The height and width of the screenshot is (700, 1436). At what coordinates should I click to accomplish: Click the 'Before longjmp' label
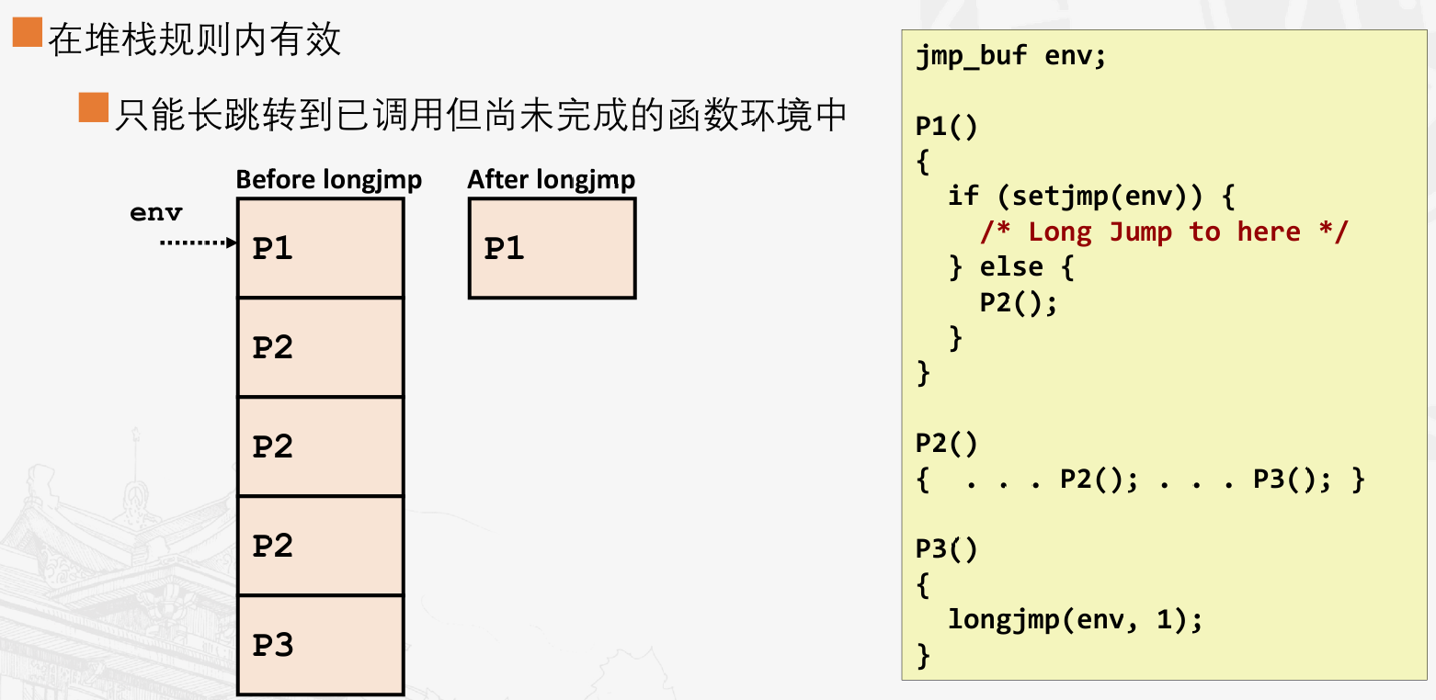(x=328, y=179)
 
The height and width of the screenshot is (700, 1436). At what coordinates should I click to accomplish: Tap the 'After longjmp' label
(x=551, y=179)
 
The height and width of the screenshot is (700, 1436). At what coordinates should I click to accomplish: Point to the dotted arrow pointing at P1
(x=199, y=243)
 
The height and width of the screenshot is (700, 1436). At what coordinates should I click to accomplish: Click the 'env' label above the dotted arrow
(x=156, y=213)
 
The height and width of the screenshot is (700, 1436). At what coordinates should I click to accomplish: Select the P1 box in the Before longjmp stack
(x=320, y=248)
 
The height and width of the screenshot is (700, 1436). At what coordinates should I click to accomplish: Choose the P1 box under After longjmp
(x=552, y=248)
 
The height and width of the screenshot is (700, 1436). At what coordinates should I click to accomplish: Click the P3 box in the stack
(x=320, y=645)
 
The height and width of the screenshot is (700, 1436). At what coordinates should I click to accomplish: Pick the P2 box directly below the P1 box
(x=320, y=347)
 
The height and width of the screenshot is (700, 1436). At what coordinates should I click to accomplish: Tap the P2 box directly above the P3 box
(x=320, y=546)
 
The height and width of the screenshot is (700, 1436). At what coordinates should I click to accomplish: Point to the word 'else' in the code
(x=1011, y=267)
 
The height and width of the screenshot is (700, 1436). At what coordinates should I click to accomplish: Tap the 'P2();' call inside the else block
(x=1019, y=302)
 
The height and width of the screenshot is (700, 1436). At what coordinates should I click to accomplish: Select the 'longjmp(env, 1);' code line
(x=1075, y=620)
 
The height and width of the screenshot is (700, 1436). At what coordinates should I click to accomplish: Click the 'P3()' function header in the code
(x=947, y=549)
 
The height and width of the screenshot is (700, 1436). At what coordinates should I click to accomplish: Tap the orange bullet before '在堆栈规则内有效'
(x=27, y=34)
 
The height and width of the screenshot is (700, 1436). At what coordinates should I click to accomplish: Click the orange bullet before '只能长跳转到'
(x=94, y=107)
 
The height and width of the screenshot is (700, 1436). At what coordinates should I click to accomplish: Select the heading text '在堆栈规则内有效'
(x=195, y=40)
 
